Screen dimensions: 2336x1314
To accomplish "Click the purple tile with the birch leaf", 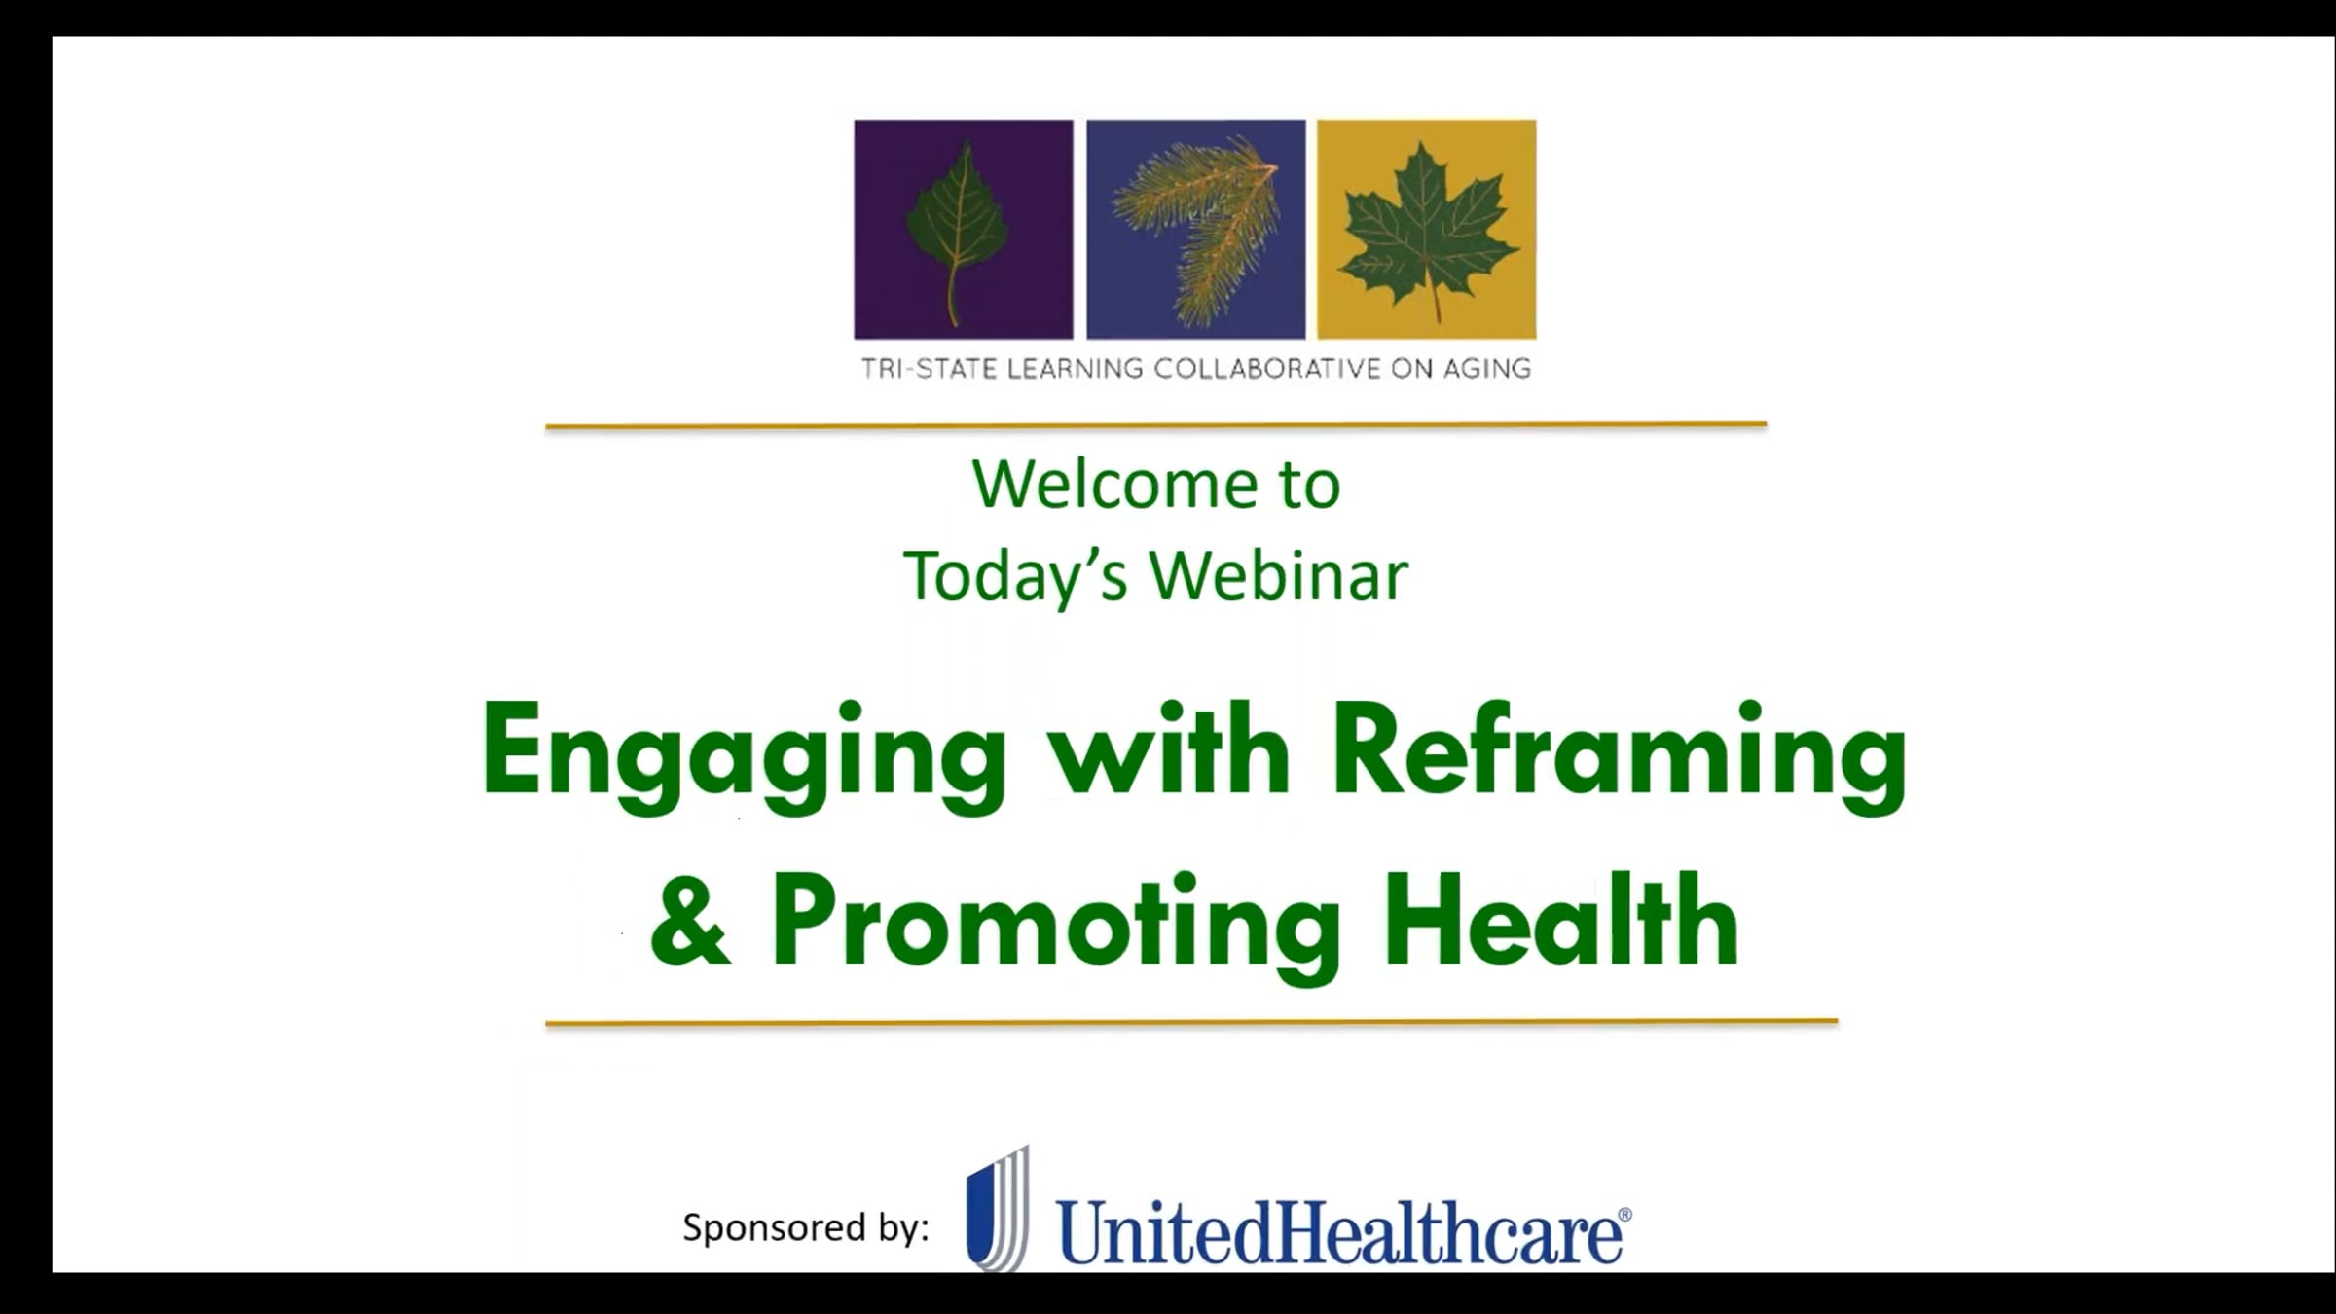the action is [964, 230].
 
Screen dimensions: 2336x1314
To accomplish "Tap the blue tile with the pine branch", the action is [1195, 230].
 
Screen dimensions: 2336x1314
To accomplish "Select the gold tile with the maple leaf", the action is [1427, 230].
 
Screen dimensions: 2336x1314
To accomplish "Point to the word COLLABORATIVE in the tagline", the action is [1266, 369].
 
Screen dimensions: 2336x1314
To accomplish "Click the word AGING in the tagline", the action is [1486, 369].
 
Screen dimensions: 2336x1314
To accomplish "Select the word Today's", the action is [1016, 575].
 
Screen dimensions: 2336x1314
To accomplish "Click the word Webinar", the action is [1280, 574].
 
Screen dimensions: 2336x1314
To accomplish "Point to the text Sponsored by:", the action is [806, 1227].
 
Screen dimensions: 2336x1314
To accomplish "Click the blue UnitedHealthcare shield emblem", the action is [998, 1209].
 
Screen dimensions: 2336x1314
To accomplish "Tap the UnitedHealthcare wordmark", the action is [1337, 1231].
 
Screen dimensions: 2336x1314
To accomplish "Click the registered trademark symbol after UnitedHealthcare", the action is [1624, 1215].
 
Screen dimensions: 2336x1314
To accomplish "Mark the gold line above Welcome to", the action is [1155, 425].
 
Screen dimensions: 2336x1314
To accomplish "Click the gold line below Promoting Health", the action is [1191, 1022].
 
